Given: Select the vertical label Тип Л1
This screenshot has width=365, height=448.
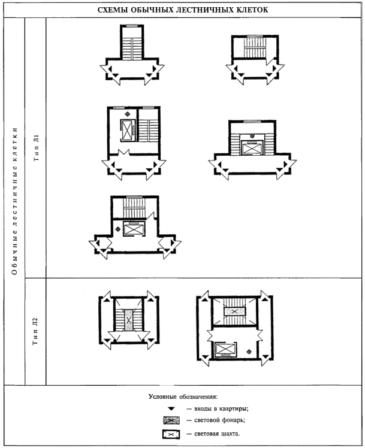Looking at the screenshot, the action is (36, 148).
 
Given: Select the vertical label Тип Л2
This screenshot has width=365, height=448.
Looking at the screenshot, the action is (36, 331).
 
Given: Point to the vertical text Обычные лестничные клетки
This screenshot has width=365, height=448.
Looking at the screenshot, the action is (15, 201).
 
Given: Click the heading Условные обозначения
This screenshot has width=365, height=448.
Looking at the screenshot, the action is (183, 397).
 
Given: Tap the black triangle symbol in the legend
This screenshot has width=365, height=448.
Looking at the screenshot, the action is (171, 409).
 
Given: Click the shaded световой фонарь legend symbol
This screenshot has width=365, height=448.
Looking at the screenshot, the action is (171, 420).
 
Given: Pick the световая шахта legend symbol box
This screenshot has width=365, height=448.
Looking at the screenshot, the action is (171, 434).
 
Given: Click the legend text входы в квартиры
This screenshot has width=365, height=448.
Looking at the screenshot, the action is (221, 409).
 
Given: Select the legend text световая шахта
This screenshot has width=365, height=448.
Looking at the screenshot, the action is (217, 434).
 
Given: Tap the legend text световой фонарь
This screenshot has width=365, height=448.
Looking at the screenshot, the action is (219, 420).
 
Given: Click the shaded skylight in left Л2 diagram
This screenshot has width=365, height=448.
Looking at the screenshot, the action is (129, 320).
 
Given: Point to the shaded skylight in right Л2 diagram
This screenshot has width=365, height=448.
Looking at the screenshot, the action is (235, 311).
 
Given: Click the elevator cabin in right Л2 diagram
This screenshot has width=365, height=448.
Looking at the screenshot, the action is (224, 350).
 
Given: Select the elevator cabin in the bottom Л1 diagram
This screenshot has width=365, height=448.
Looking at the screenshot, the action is (134, 229).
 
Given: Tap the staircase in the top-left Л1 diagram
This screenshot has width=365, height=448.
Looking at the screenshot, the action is (132, 49).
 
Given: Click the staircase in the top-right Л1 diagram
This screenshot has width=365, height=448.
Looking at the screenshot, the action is (255, 47).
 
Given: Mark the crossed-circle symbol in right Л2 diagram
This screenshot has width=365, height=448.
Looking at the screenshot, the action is (249, 352).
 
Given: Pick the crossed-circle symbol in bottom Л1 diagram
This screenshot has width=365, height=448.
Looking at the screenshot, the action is (117, 229).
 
